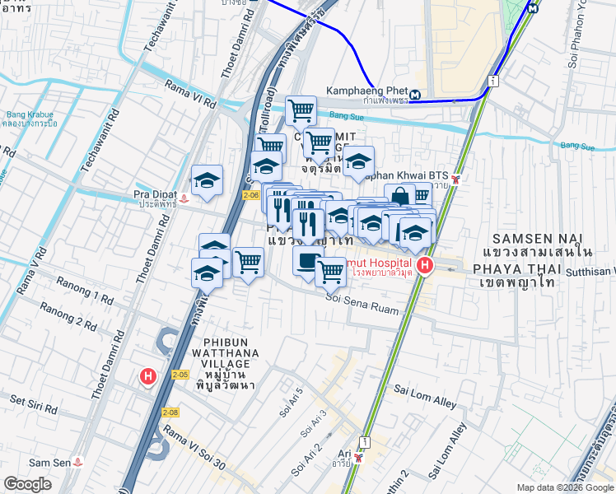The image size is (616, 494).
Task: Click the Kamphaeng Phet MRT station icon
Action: (x=415, y=94)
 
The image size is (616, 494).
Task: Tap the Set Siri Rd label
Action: (x=34, y=407)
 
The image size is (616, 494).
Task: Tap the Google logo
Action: (x=27, y=484)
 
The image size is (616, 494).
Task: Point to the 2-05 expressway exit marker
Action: (x=181, y=375)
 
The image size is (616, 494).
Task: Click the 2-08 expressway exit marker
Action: (x=170, y=412)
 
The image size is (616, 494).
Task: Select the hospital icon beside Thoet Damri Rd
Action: (x=147, y=376)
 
